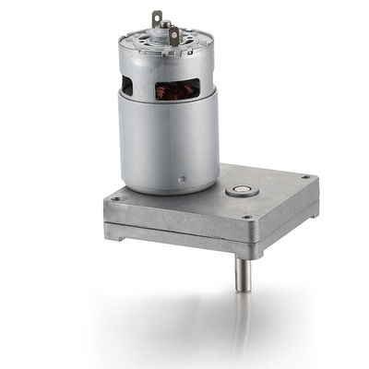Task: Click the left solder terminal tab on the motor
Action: [157, 18]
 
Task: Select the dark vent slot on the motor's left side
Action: [126, 85]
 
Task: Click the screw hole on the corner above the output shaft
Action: [246, 218]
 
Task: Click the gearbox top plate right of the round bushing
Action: [277, 189]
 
